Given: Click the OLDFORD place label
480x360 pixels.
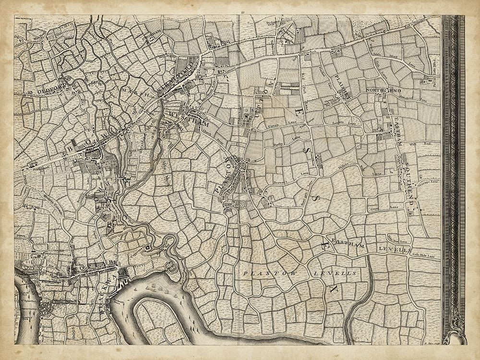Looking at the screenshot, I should (x=50, y=91).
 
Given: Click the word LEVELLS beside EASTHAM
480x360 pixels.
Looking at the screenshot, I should (x=393, y=250).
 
